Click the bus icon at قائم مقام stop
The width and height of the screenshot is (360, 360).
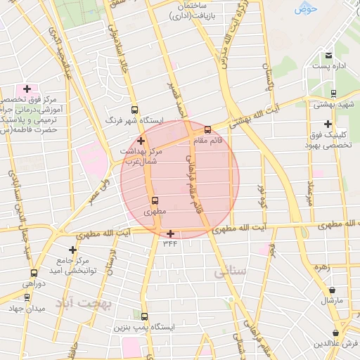[x=207, y=129]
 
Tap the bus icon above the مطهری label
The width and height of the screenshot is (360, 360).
[x=155, y=200]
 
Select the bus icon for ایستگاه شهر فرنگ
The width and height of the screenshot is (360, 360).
[x=134, y=110]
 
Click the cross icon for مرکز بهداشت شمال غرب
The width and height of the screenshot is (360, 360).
[x=141, y=141]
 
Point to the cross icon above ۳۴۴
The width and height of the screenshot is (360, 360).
[x=170, y=233]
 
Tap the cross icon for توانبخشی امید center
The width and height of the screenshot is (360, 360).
[x=72, y=250]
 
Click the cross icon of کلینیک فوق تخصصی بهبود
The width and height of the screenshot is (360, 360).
[x=328, y=123]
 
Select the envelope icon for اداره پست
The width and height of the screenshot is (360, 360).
[x=328, y=56]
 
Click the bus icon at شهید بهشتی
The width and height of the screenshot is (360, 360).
[x=333, y=93]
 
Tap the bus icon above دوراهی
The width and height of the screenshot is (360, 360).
[x=33, y=273]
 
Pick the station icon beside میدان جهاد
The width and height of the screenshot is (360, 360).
[x=27, y=297]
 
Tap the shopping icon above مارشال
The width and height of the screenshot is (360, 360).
[x=332, y=290]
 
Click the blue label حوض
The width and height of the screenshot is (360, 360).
[x=307, y=8]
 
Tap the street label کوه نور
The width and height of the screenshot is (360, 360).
[x=262, y=193]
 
